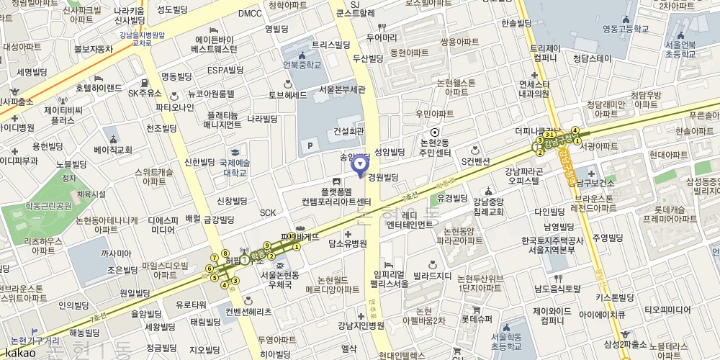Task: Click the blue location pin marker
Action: [x=359, y=165]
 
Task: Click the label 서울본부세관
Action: [x=342, y=90]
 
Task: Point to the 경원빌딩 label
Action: [x=383, y=177]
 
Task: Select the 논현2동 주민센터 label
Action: [x=435, y=148]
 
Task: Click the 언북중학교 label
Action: [x=302, y=65]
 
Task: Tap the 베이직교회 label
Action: [x=113, y=150]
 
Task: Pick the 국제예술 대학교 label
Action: [x=229, y=168]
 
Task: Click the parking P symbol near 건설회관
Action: [x=311, y=146]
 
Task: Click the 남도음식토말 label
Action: [x=557, y=289]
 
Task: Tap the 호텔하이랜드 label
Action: [x=99, y=88]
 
